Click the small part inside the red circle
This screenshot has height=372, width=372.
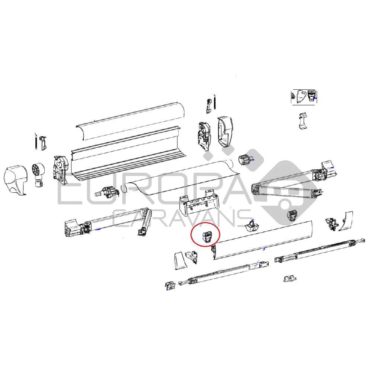(x=207, y=236)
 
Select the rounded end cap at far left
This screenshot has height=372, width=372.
(x=16, y=181)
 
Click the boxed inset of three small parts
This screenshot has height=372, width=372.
(x=304, y=97)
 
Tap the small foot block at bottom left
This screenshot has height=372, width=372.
(x=170, y=285)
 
